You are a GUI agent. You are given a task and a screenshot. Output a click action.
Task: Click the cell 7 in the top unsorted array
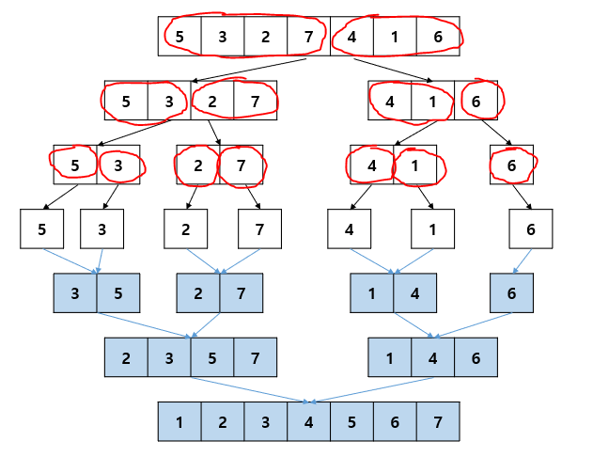(309, 37)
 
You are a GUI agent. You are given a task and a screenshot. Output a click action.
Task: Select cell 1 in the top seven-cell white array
(395, 37)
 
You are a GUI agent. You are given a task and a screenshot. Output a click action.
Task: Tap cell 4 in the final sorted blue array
(309, 421)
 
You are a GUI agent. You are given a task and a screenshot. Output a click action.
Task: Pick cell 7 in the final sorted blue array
(437, 421)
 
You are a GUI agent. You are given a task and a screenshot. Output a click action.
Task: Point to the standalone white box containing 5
(41, 228)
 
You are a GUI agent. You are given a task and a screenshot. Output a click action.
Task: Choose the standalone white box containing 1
(432, 228)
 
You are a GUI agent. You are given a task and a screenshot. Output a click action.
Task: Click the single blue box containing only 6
(511, 292)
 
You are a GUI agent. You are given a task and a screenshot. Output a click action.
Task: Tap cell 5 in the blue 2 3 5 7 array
(212, 357)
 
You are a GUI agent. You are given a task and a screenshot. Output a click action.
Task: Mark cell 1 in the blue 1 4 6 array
(391, 357)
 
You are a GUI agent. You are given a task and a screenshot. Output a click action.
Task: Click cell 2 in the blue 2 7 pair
(198, 292)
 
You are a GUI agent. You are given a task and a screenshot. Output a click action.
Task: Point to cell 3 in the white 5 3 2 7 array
(169, 101)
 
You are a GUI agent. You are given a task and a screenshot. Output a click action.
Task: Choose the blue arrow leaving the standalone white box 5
(70, 260)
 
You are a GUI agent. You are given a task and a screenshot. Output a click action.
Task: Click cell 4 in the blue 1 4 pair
(414, 292)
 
